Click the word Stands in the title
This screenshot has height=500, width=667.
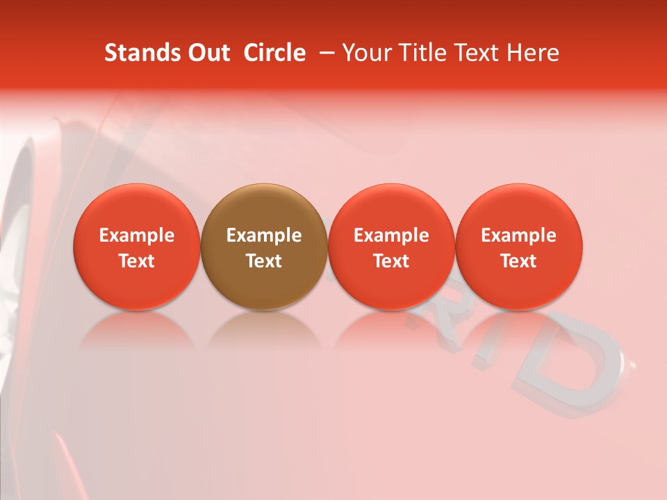(x=142, y=53)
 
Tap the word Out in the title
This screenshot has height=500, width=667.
(x=208, y=53)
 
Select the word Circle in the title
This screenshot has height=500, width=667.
(x=274, y=53)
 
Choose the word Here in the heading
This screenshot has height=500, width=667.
(x=532, y=53)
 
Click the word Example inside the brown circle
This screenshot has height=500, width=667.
(x=263, y=235)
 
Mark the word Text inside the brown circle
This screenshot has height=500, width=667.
(x=263, y=261)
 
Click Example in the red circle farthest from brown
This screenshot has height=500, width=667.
(x=518, y=235)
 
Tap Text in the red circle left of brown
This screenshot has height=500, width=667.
(x=136, y=261)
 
